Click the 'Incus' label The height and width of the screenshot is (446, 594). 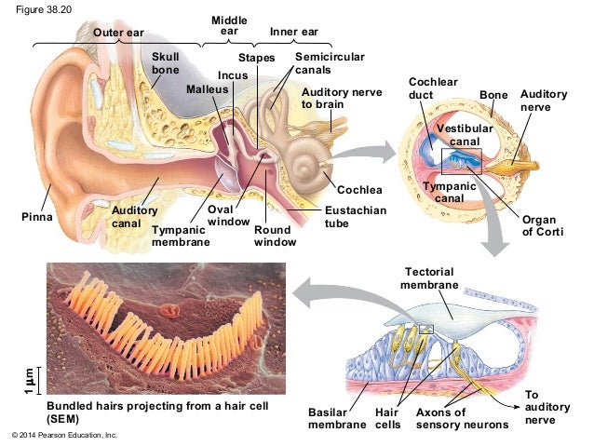pos(231,74)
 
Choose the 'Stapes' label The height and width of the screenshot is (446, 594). pos(260,58)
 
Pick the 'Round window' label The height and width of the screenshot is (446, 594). pos(276,236)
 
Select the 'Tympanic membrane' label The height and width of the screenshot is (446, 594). pos(181,236)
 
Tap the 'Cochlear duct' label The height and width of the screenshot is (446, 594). pos(434,88)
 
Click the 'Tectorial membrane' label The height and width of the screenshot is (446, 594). pos(429,277)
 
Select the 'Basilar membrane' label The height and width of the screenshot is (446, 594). pos(336,418)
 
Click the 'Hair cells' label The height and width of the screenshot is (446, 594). pos(387,418)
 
